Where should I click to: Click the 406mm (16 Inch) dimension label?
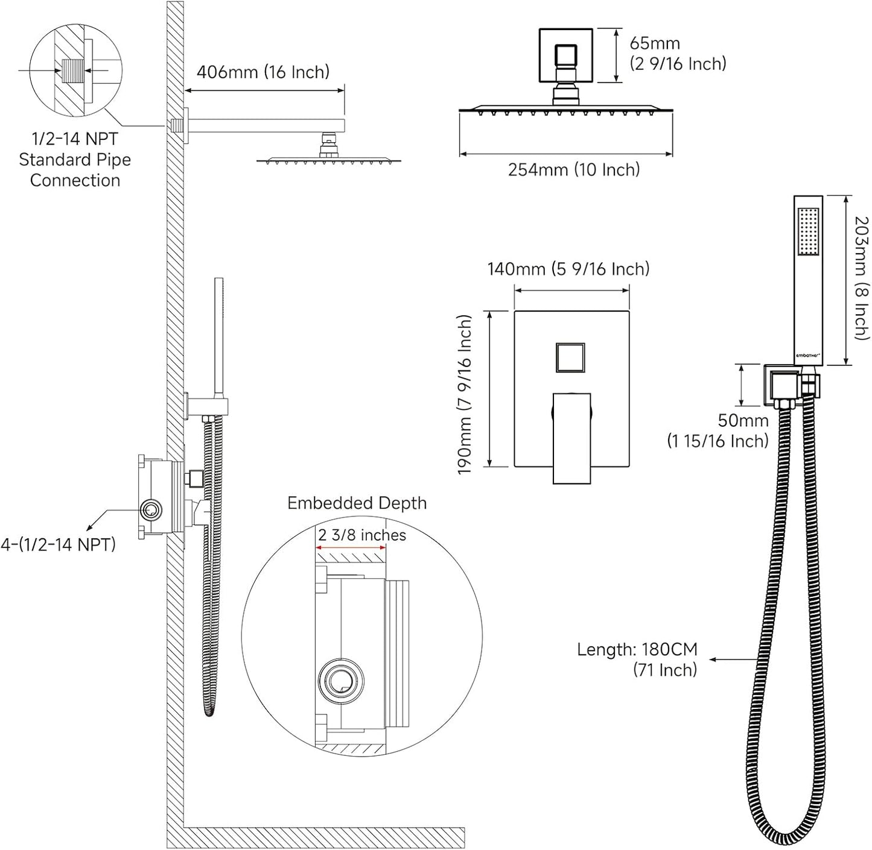coord(263,72)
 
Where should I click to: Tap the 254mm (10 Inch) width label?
coord(573,169)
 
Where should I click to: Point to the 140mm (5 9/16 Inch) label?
coord(568,268)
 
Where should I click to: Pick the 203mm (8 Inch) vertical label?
coord(861,278)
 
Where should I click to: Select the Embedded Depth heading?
coord(357,503)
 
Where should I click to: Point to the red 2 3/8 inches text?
coord(362,535)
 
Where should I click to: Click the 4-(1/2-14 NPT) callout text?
coord(58,544)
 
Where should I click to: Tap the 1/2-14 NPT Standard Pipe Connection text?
coord(75,159)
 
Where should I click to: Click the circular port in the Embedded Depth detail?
coord(342,680)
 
